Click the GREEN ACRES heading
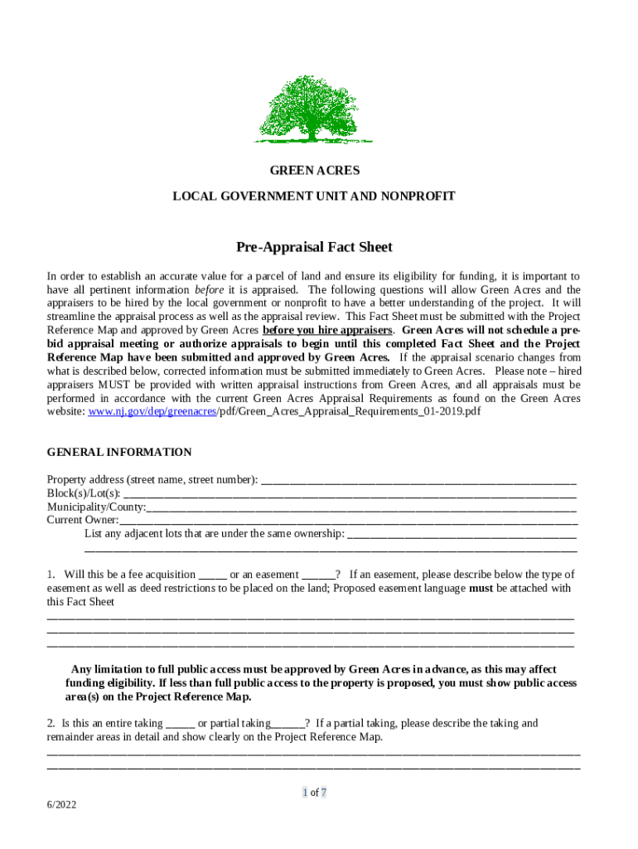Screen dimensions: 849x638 (x=314, y=170)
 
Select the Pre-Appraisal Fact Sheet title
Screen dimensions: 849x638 (x=314, y=247)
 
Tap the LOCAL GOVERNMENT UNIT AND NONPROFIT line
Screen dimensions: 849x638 (x=314, y=196)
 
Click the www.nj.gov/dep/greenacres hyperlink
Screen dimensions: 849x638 (x=152, y=410)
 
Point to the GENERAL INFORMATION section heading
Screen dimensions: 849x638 (x=119, y=452)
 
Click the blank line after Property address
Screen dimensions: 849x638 (x=418, y=480)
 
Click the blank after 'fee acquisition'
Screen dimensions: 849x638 (x=212, y=575)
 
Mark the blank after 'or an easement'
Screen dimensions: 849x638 (x=318, y=575)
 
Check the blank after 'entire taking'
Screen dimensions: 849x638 (x=180, y=724)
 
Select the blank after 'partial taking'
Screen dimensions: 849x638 (x=288, y=724)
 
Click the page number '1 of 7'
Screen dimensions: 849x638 (x=314, y=792)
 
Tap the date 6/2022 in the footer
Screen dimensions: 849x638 (x=62, y=804)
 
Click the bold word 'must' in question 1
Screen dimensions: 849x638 (x=481, y=588)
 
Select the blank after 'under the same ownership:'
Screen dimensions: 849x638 (x=462, y=533)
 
